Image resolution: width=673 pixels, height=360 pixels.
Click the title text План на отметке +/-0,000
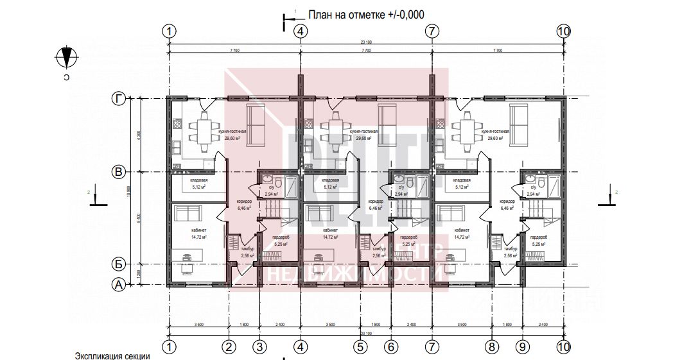click(x=366, y=13)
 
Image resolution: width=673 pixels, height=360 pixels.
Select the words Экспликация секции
click(x=112, y=355)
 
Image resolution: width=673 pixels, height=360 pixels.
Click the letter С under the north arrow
click(x=66, y=77)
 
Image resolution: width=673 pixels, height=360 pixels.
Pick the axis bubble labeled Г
click(x=118, y=98)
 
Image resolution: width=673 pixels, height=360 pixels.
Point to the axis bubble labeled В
click(x=118, y=172)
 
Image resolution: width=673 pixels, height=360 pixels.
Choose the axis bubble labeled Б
click(x=118, y=264)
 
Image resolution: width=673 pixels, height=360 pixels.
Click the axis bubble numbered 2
click(x=229, y=347)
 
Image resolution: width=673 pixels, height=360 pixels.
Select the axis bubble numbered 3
click(x=259, y=347)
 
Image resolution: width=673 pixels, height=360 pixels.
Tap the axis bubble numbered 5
click(x=360, y=347)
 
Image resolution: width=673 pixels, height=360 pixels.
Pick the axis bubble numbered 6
click(x=390, y=347)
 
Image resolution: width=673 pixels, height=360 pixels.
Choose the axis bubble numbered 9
click(x=522, y=347)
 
